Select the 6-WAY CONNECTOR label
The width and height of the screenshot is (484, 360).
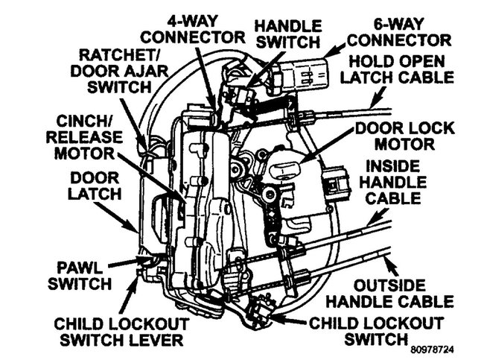coord(400,30)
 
